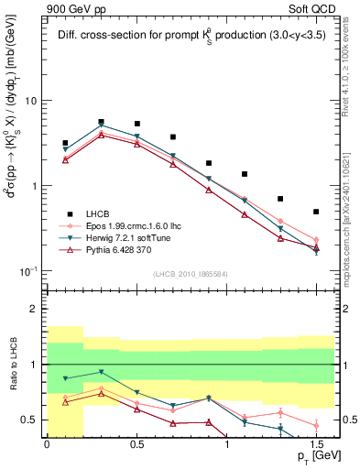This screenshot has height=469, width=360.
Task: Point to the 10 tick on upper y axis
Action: (x=37, y=101)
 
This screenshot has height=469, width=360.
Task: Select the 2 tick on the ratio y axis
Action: (x=39, y=310)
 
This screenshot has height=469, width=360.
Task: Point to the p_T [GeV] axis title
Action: (x=314, y=456)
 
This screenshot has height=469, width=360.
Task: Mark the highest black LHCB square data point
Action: (x=101, y=121)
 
